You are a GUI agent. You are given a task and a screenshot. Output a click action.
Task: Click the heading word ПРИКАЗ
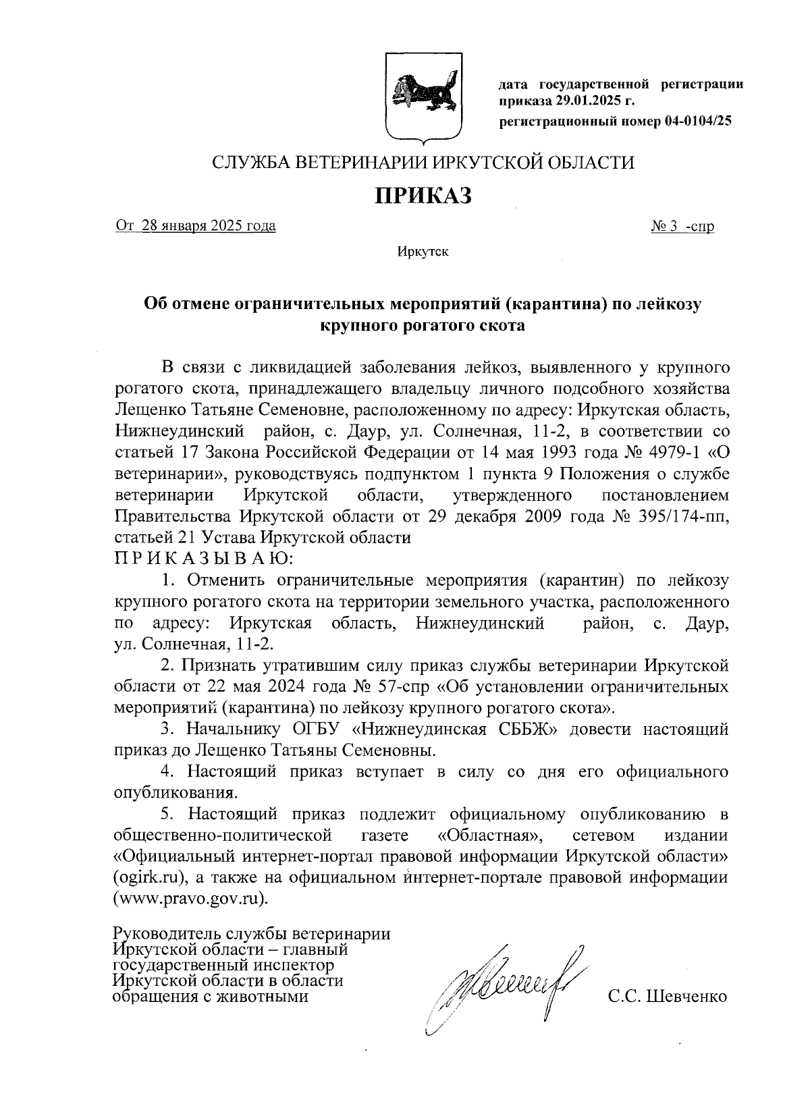point(423,196)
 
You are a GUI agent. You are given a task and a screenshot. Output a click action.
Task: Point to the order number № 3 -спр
point(682,226)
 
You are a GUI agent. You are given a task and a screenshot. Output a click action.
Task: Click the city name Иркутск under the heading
point(423,252)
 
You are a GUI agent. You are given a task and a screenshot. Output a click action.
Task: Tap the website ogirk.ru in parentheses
point(149,878)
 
